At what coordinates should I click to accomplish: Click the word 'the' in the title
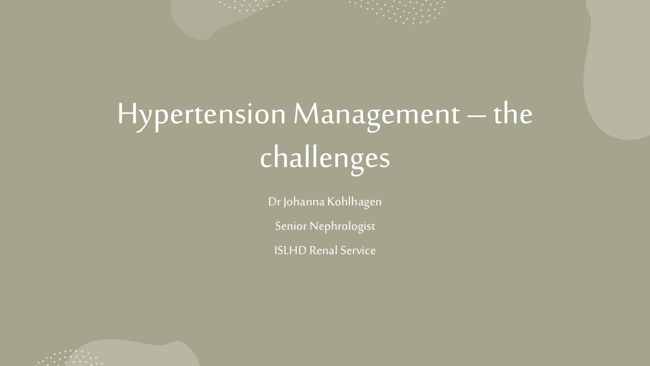(513, 113)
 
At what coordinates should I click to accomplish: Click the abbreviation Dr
(274, 202)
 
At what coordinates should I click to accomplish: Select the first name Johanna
(304, 202)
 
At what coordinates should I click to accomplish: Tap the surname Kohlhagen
(354, 202)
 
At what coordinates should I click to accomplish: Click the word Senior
(291, 226)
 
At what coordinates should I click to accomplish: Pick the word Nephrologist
(342, 227)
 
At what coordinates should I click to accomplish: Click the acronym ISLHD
(290, 251)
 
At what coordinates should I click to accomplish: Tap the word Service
(358, 251)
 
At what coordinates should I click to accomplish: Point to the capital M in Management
(308, 113)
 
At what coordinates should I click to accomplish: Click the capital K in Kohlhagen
(332, 202)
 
